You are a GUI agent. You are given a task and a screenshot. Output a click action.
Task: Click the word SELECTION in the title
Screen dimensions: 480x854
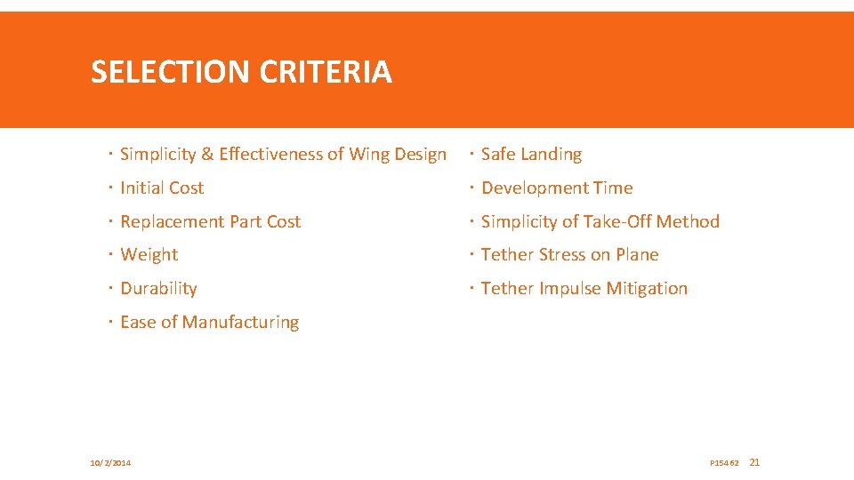(x=171, y=72)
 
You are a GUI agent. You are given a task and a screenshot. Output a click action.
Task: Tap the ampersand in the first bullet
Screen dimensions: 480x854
(x=207, y=155)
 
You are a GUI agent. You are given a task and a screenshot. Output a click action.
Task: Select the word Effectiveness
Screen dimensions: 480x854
(x=270, y=155)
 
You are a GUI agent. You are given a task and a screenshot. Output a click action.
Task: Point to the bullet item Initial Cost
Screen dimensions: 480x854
(x=162, y=188)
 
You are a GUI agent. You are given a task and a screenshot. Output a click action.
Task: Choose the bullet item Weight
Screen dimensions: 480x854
(x=149, y=255)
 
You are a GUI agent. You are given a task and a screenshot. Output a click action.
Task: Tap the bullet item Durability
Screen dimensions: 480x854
(x=158, y=289)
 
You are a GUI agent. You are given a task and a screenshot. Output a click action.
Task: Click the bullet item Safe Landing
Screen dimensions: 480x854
(x=531, y=155)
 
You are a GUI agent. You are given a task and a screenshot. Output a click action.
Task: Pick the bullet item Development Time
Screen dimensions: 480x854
(x=557, y=188)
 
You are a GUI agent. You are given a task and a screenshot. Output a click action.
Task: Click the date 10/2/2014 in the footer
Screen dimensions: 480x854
(x=110, y=463)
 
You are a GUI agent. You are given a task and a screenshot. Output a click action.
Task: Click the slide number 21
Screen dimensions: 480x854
(x=755, y=462)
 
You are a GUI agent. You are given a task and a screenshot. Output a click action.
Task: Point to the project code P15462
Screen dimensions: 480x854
(x=724, y=463)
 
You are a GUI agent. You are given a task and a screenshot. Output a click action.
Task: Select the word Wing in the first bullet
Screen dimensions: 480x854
(x=369, y=155)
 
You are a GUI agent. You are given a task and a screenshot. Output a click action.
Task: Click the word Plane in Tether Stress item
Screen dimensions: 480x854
(x=636, y=255)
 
